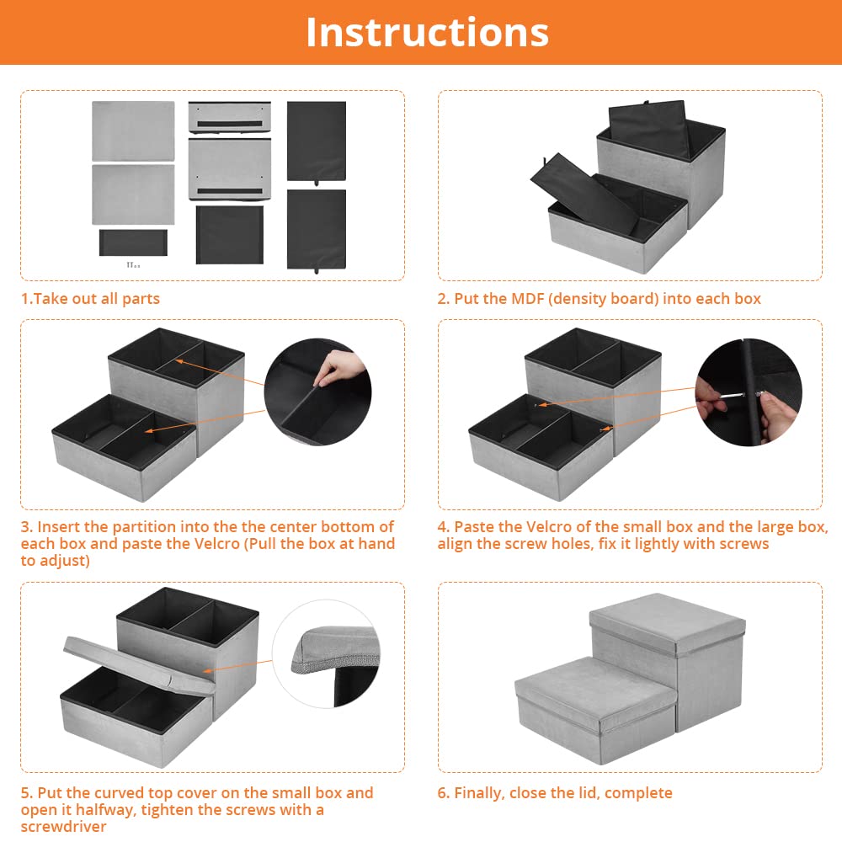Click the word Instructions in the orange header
[428, 33]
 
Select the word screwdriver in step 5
[64, 827]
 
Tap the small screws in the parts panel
[133, 264]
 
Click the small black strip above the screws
[133, 242]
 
